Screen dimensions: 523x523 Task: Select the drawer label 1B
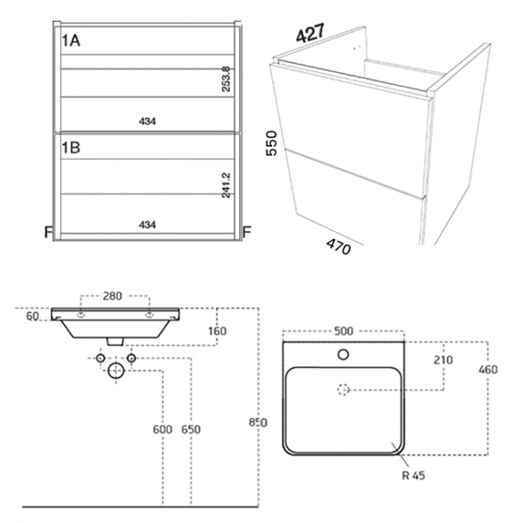coord(71,147)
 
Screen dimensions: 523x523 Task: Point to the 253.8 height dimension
coord(227,80)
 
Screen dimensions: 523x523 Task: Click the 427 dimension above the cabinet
coord(310,35)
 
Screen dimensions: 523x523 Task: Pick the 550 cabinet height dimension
coord(272,143)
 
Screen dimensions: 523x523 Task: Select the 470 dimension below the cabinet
coord(339,246)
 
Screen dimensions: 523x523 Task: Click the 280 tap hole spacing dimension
coord(113,296)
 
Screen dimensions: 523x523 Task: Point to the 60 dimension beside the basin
coord(32,317)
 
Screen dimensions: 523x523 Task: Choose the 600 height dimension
coord(163,430)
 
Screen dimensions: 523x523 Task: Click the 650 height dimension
coord(190,430)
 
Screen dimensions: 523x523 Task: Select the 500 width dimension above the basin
coord(343,331)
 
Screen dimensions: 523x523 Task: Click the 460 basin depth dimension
coord(488,369)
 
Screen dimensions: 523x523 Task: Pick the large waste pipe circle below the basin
coord(116,371)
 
